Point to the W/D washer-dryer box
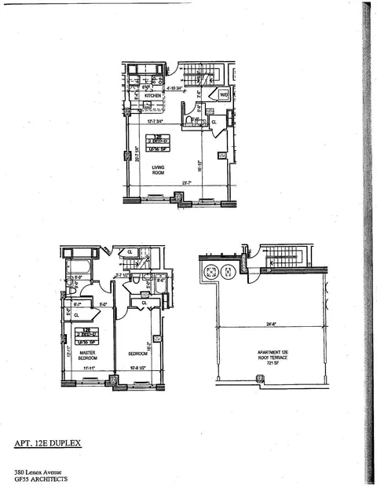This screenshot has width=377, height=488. click(x=223, y=95)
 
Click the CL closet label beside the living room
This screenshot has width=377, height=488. click(x=214, y=123)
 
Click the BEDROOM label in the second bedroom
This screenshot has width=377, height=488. click(x=138, y=354)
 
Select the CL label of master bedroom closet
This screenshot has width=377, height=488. click(x=77, y=315)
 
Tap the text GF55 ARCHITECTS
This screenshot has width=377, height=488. click(x=41, y=479)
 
